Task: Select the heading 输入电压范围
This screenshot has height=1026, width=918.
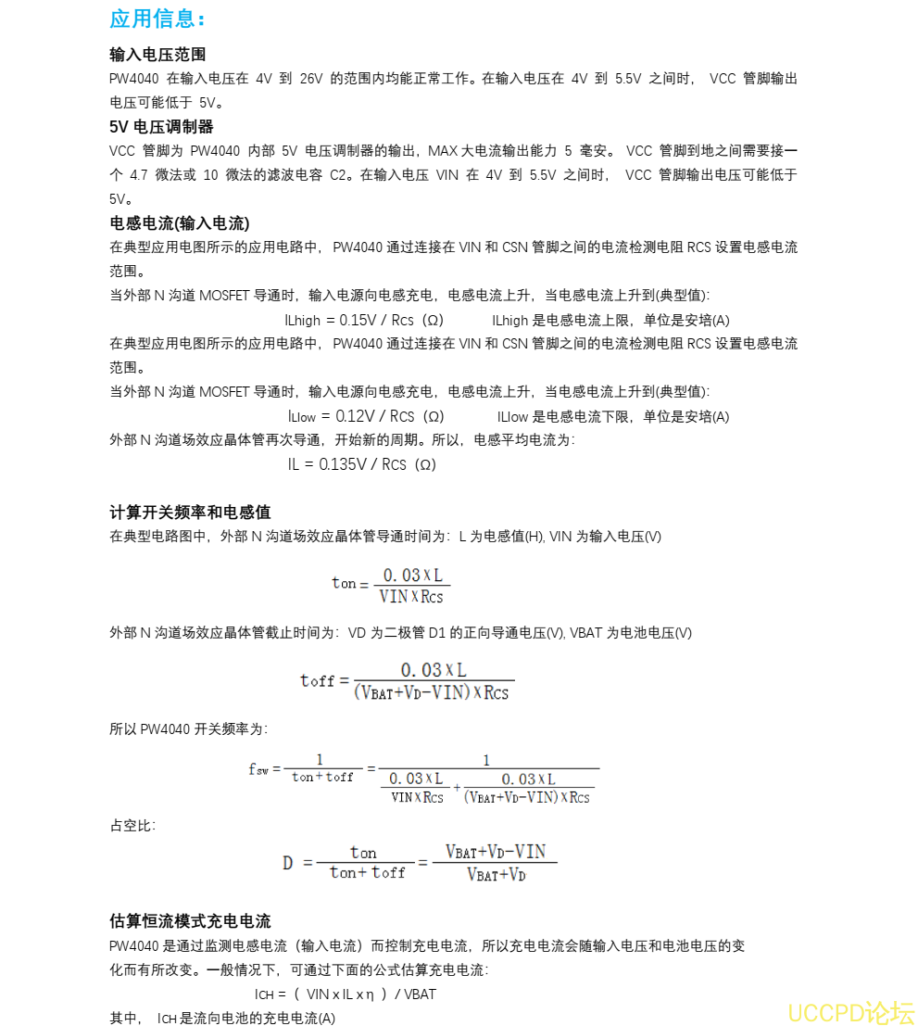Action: tap(157, 55)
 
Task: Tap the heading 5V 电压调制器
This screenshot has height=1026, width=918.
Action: tap(161, 127)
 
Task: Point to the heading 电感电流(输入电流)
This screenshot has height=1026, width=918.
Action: tap(180, 223)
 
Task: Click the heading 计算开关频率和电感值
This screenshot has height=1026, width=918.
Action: tap(190, 513)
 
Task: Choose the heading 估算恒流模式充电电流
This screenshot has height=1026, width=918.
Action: tap(190, 921)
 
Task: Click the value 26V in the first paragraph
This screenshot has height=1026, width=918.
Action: tap(310, 79)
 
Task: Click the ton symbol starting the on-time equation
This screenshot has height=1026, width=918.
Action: tap(344, 583)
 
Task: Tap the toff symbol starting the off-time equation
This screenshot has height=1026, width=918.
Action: tap(317, 681)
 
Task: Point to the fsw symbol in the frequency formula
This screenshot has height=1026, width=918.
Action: tap(258, 768)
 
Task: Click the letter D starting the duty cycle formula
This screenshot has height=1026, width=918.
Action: tap(288, 863)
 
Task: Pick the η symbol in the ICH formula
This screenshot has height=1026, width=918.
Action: tap(370, 994)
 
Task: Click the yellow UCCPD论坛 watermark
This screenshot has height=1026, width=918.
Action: tap(850, 1011)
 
